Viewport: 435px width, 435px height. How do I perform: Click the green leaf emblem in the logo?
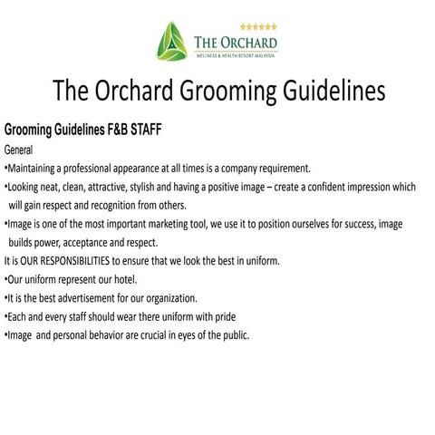[171, 41]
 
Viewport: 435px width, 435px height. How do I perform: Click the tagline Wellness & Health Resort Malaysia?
[235, 55]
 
